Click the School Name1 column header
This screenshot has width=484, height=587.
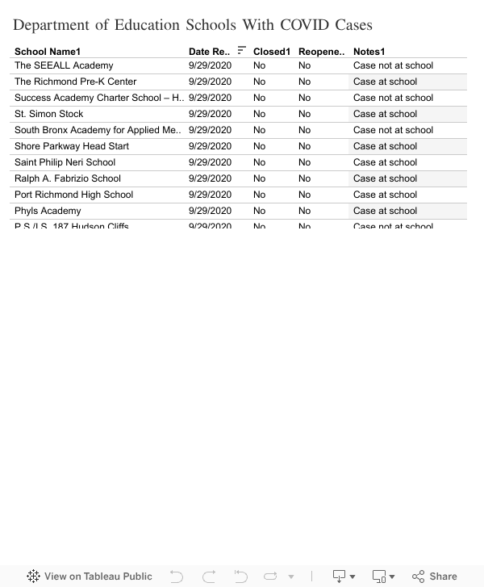pos(48,52)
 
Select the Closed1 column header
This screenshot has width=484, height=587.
pos(271,52)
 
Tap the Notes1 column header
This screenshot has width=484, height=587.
pos(369,52)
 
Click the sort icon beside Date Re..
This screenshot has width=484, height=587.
pos(242,51)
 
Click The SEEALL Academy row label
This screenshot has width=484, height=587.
pos(64,65)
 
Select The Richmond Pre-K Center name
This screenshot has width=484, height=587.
pos(76,82)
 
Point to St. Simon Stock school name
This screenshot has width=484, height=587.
pos(48,114)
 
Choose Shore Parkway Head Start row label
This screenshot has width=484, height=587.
pos(72,146)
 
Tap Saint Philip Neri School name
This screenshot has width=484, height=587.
pos(65,162)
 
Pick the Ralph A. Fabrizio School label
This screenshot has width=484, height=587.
pos(68,178)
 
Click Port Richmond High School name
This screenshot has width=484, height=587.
pos(73,195)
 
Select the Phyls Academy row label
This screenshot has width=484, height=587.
pos(48,211)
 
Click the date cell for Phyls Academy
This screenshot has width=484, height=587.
pos(210,211)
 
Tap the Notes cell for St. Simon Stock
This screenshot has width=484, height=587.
pos(385,114)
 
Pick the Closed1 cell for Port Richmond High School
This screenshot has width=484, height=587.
pos(259,195)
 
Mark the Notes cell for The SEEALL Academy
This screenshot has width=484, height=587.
pos(393,65)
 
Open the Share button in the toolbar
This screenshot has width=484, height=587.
pos(435,576)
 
